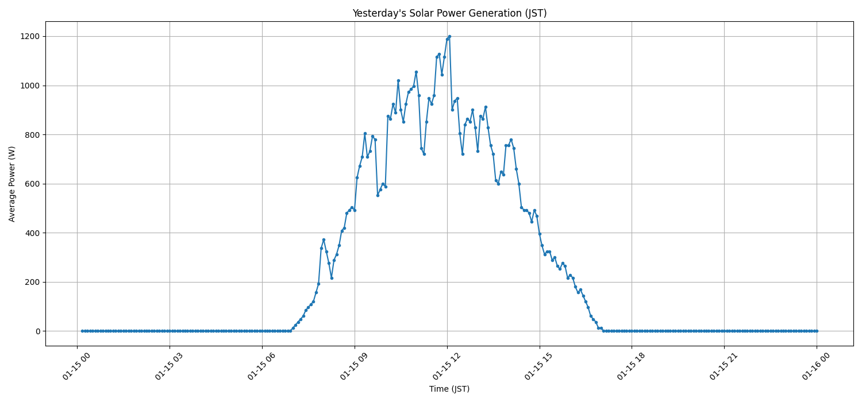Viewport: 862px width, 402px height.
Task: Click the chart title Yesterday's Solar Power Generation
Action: (x=449, y=13)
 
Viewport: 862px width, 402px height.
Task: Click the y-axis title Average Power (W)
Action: (x=12, y=184)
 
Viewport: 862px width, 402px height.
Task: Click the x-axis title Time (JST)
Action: (x=449, y=389)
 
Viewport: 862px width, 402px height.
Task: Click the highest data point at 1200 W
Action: (x=449, y=36)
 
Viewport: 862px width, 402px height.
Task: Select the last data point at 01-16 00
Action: (x=817, y=331)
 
